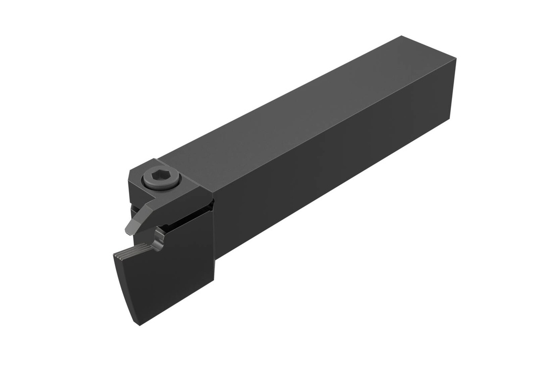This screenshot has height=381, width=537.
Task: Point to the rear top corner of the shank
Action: (x=402, y=36)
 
